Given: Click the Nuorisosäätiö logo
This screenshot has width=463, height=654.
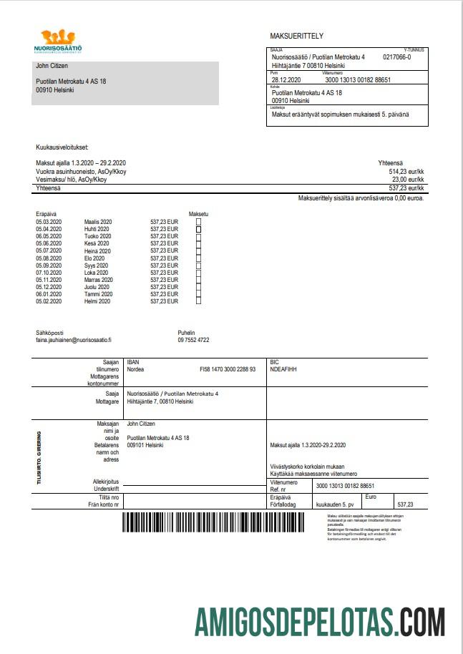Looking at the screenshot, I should coord(59,42).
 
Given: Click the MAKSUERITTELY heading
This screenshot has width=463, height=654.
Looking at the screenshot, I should coord(297,36).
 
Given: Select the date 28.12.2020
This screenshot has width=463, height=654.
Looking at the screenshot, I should coord(286,80).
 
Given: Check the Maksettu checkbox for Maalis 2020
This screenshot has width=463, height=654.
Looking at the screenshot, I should coord(199,223).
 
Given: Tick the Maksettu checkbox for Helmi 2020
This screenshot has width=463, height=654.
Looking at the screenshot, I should coord(199,302).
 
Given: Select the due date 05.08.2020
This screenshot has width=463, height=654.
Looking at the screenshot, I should coord(49,258).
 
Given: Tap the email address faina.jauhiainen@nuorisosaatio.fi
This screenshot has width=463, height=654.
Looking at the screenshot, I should coord(74,341).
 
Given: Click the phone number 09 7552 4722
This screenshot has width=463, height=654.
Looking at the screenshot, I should coord(193,341).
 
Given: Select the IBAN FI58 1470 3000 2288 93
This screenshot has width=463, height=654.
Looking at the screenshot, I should coord(227,370).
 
